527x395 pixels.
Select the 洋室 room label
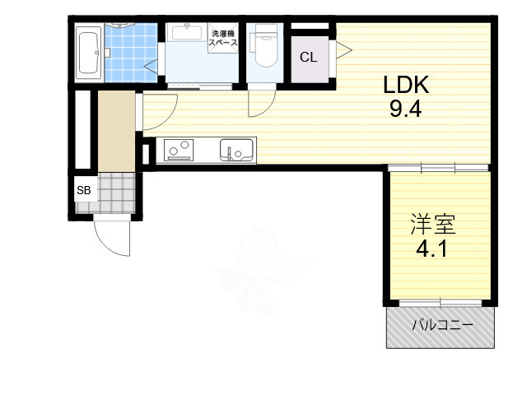[x=433, y=223]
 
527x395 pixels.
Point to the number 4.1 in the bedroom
[x=432, y=247]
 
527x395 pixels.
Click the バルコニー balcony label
[x=442, y=326]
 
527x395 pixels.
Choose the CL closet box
[x=308, y=58]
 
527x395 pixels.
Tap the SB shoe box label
[x=84, y=191]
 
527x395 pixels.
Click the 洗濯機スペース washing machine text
[x=225, y=38]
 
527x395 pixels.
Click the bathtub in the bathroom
[x=87, y=53]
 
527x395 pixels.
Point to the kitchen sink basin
[x=236, y=151]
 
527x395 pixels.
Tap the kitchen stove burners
[x=180, y=151]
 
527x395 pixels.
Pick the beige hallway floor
[x=115, y=130]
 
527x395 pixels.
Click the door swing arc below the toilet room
[x=262, y=103]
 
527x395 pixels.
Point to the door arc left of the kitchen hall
[x=161, y=109]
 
